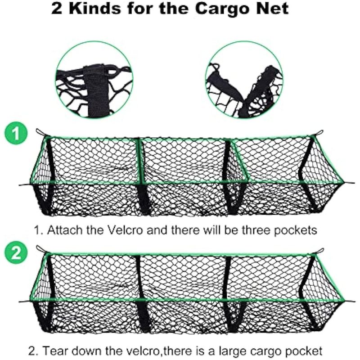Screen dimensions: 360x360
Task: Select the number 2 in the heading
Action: [57, 9]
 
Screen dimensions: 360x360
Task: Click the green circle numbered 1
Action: [16, 133]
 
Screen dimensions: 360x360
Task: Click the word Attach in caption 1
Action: [64, 230]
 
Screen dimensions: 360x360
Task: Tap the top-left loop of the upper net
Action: [40, 132]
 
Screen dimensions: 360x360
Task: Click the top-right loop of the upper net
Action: [319, 132]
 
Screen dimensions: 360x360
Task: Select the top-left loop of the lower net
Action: [40, 249]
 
